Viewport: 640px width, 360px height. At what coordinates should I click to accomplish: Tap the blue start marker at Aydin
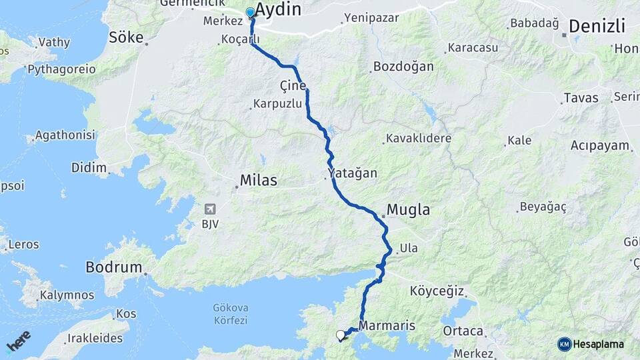(251, 13)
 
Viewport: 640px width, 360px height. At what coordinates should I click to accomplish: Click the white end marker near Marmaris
(341, 335)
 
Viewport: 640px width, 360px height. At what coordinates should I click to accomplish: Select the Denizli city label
(597, 27)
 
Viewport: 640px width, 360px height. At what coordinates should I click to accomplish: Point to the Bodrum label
(113, 268)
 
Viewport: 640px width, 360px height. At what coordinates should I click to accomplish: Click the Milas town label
(258, 181)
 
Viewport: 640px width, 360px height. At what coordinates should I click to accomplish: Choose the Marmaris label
(387, 326)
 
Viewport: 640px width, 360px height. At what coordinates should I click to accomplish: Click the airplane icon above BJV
(211, 209)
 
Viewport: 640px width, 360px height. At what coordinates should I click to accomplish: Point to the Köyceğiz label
(437, 291)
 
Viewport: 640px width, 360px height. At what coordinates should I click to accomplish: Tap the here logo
(18, 340)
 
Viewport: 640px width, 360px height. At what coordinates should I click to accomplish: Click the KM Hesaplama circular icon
(565, 344)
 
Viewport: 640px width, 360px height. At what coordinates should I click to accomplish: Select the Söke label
(126, 37)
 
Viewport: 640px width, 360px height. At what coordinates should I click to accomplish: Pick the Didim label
(89, 167)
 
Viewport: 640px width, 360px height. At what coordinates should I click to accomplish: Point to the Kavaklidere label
(418, 139)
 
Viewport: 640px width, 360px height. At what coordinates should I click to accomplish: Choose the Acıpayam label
(600, 145)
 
